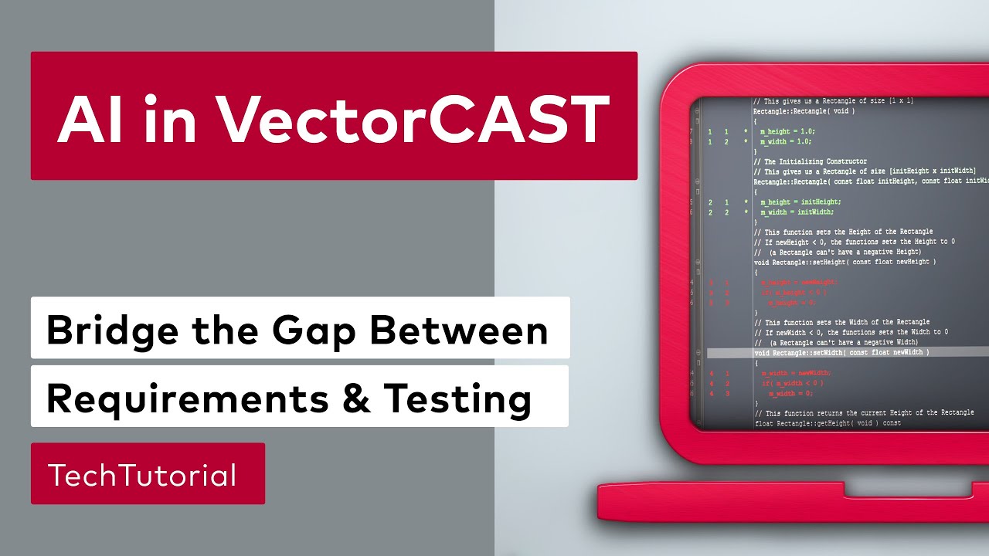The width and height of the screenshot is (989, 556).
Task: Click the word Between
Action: (x=459, y=331)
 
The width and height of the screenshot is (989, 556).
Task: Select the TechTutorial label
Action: (x=142, y=475)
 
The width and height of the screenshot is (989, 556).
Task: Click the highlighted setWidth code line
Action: (x=841, y=352)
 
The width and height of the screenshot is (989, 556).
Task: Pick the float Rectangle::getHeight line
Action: (x=828, y=423)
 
